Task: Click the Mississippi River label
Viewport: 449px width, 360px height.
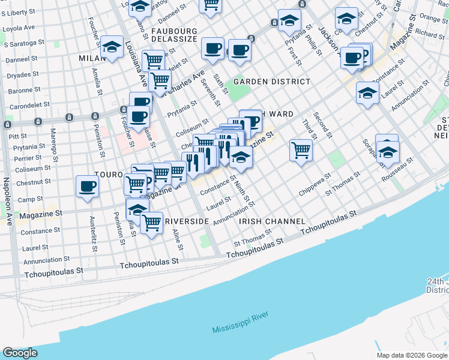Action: [240, 323]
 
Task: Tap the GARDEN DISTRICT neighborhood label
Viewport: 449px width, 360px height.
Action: [272, 81]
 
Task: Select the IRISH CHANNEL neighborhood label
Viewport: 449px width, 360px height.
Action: [272, 221]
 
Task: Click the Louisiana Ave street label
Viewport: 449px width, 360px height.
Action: [136, 64]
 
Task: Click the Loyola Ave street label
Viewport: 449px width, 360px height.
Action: [20, 28]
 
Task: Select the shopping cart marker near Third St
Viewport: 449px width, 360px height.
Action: [301, 149]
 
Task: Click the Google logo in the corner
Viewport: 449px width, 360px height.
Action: [20, 353]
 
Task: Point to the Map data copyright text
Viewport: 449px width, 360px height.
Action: [411, 355]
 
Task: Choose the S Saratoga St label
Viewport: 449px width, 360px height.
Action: [24, 44]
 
